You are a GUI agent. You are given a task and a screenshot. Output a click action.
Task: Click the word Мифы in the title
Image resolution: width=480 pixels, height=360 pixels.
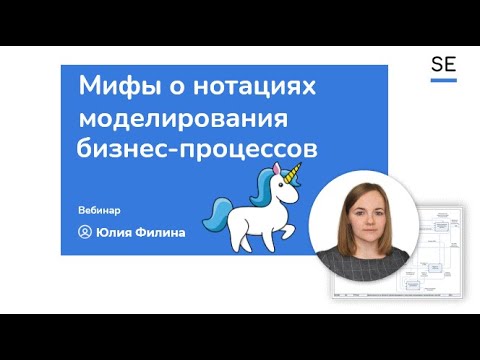[x=110, y=88]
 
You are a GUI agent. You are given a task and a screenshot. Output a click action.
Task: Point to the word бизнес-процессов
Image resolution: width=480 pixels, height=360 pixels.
[x=197, y=149]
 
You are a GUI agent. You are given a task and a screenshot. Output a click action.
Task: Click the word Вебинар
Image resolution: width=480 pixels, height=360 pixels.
[x=99, y=210]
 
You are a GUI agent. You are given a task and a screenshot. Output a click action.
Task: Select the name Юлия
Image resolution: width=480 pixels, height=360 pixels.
[x=116, y=232]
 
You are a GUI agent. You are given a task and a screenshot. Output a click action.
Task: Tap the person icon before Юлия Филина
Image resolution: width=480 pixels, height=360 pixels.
[x=84, y=232]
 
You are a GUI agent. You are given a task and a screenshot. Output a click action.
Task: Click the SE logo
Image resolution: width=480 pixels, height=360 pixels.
[x=443, y=66]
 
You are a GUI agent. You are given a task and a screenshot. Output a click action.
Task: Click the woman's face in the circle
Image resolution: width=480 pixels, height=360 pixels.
[x=362, y=215]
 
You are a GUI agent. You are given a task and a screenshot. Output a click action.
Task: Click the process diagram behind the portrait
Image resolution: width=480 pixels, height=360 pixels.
[x=440, y=250]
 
